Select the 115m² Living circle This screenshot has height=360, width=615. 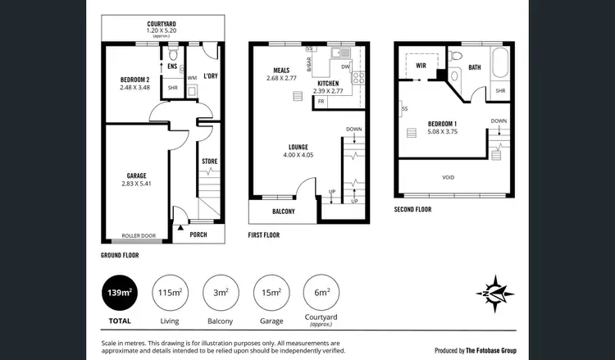tap(170, 292)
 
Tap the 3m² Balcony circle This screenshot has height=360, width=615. tap(220, 292)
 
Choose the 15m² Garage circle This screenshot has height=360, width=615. tap(271, 292)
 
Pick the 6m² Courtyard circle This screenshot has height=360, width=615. tap(322, 292)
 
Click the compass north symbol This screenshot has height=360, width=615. tap(497, 292)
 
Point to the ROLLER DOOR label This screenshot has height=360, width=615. tap(138, 235)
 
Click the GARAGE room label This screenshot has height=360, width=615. tap(136, 175)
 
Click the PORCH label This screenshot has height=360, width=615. tap(198, 235)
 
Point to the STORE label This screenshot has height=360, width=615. tap(210, 162)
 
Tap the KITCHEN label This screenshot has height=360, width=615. tap(328, 84)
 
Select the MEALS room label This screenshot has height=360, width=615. tap(284, 70)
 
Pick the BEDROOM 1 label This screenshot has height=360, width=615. tap(441, 124)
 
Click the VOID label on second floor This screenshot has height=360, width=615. tap(448, 175)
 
